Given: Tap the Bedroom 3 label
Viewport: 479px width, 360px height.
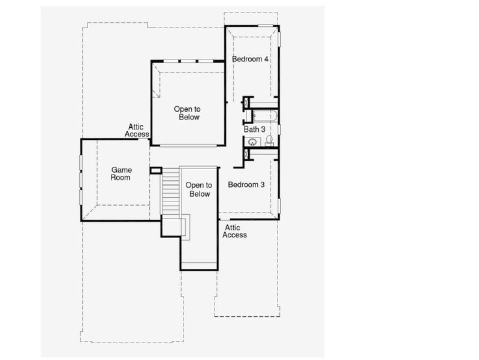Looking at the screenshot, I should point(246,185).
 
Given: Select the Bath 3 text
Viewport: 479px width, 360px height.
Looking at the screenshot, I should point(254,129).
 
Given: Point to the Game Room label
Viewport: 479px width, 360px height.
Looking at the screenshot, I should point(120,174).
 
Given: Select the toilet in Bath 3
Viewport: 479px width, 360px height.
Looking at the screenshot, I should point(269,140).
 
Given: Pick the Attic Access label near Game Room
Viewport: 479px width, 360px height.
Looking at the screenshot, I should point(137,130).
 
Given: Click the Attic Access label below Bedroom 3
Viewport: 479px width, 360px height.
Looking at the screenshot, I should point(234,231).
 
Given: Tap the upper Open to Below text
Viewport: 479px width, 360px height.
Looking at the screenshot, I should point(186,113).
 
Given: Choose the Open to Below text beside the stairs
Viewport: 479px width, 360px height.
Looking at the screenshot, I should point(198,190).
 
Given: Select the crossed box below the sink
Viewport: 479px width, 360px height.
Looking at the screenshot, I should point(246,153).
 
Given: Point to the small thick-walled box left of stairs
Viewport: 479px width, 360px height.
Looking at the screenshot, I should point(156,170).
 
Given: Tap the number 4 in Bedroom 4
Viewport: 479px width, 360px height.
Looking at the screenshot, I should point(266,59).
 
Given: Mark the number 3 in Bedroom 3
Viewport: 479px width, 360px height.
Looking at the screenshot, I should point(262,185).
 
